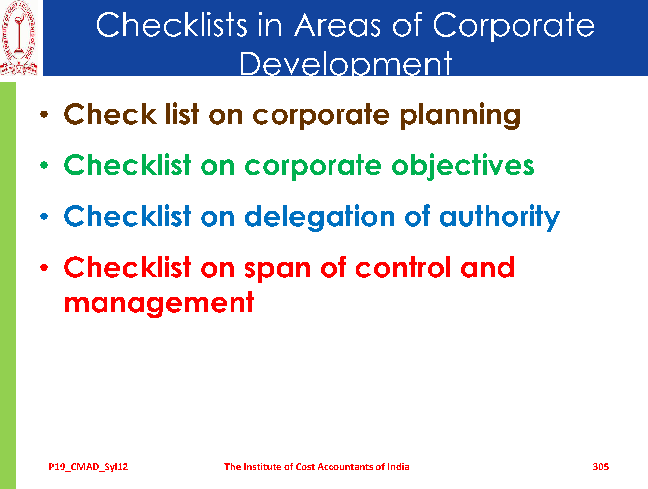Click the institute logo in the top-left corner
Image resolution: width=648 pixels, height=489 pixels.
click(x=19, y=38)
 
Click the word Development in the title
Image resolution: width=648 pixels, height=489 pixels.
click(x=345, y=64)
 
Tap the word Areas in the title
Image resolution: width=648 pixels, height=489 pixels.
click(x=337, y=25)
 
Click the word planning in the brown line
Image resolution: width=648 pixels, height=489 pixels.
click(x=460, y=116)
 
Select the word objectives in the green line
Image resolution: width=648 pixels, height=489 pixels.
click(x=463, y=166)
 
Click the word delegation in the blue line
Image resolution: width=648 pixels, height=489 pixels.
click(x=320, y=218)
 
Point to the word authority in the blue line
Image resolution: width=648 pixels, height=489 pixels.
click(x=499, y=217)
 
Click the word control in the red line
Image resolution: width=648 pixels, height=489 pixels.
click(x=403, y=268)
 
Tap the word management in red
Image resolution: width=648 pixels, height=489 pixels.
click(x=159, y=304)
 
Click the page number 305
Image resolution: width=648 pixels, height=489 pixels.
click(x=600, y=467)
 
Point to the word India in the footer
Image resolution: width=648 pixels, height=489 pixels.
click(x=398, y=467)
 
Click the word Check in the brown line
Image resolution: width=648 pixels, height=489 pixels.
click(x=110, y=114)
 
